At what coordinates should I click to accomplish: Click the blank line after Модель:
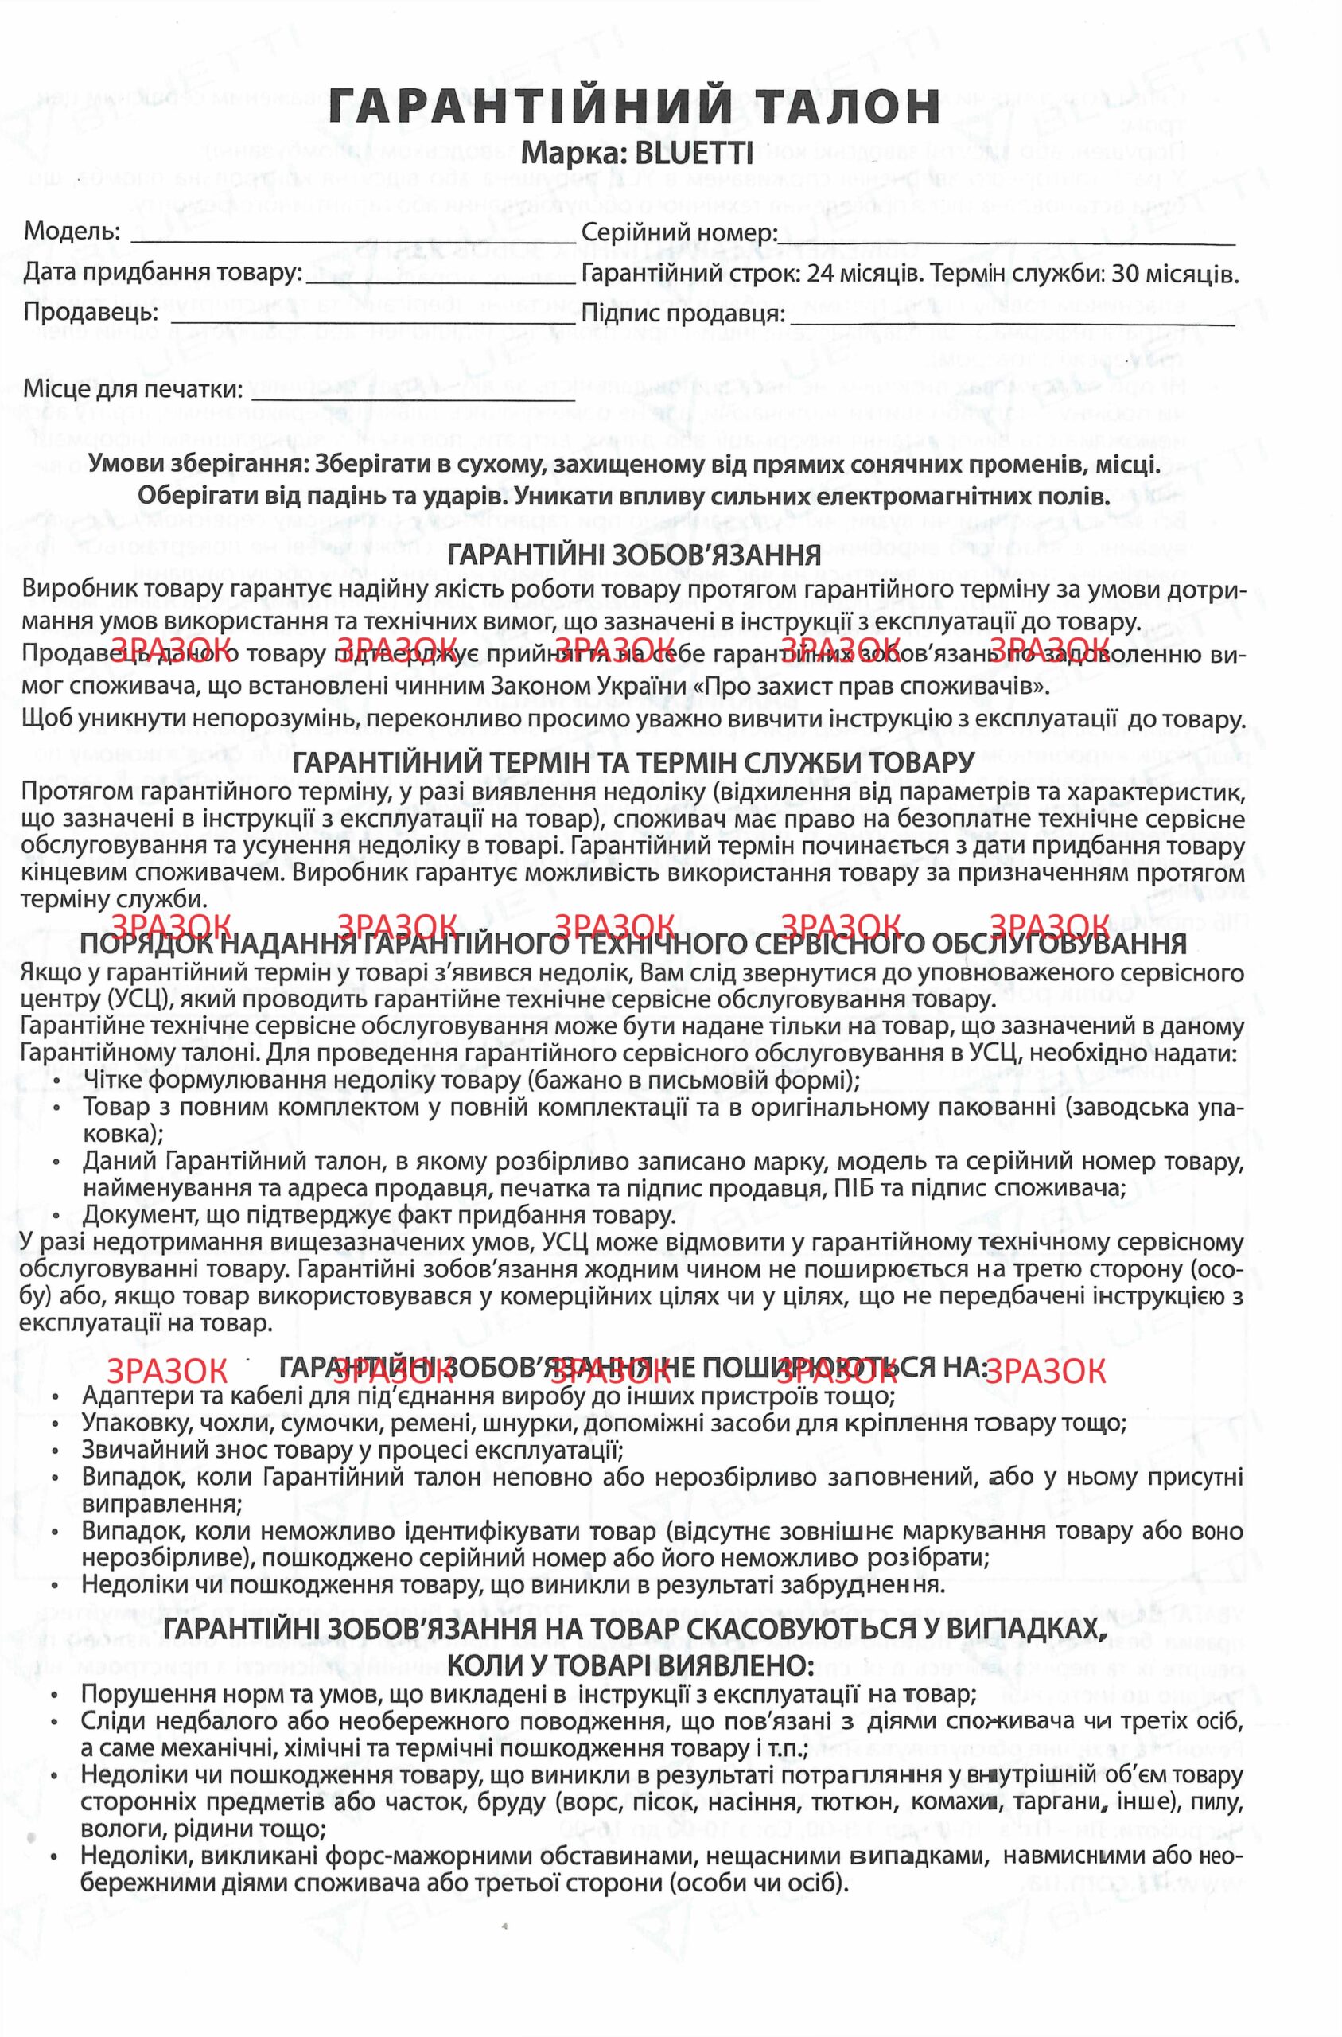coord(351,240)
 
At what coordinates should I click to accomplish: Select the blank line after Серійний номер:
coord(1006,240)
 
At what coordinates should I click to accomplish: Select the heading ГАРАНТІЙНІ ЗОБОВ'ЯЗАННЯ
coord(634,555)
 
